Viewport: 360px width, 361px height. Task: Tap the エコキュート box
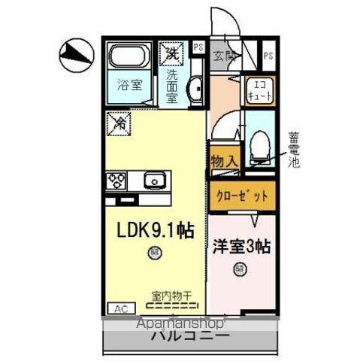[x=260, y=91]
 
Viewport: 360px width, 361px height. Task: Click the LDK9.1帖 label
[x=153, y=232]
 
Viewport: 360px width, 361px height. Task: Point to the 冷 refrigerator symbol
[x=119, y=123]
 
